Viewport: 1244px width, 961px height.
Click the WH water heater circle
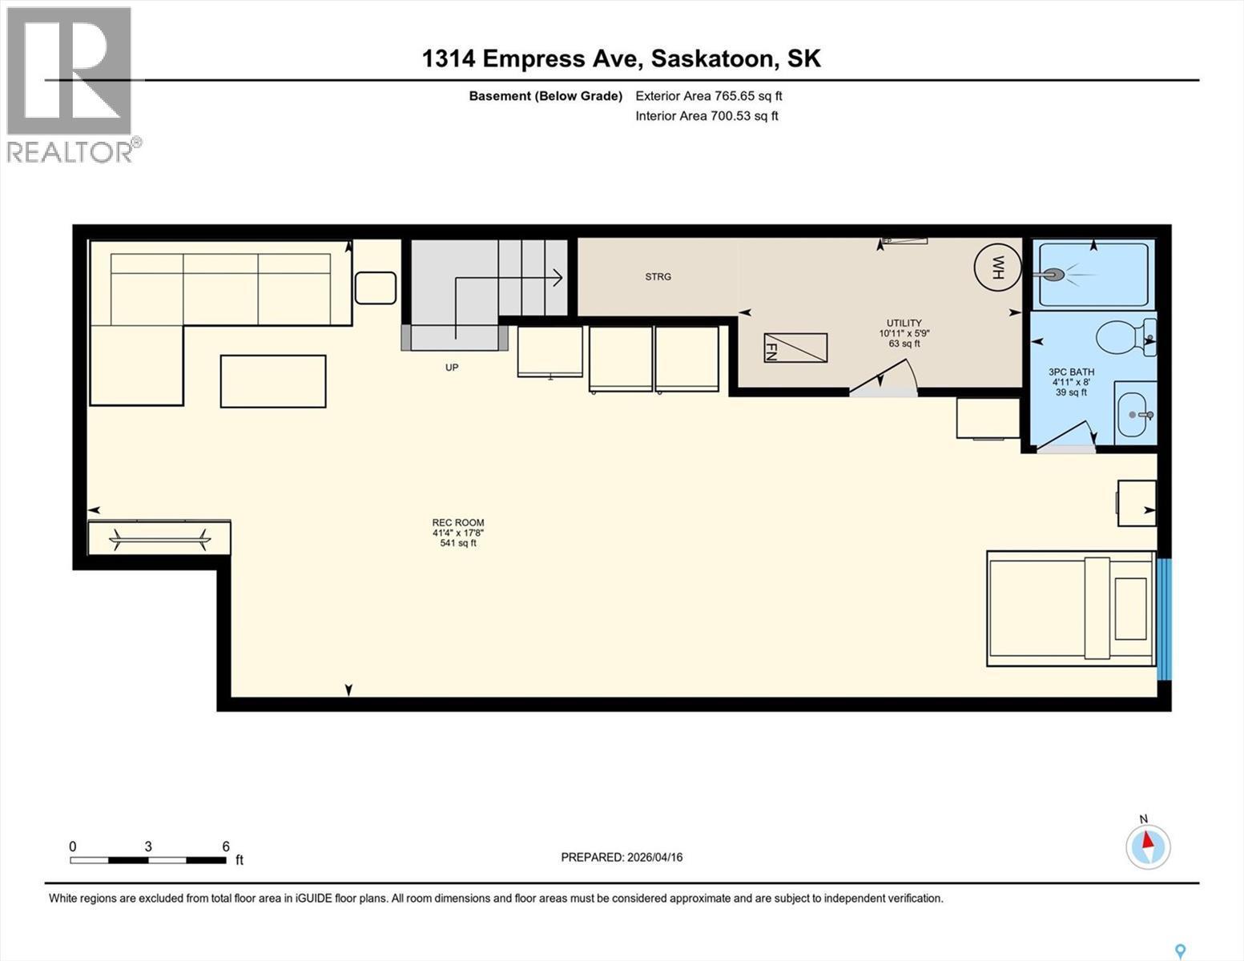(x=997, y=267)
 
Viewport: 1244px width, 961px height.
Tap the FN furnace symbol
(x=795, y=348)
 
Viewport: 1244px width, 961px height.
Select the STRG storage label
(x=658, y=277)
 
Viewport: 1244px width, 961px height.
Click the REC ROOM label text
(x=458, y=523)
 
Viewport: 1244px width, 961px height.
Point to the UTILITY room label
(x=904, y=324)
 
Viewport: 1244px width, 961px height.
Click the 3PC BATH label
(x=1071, y=372)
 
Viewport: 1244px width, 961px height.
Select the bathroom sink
(x=1135, y=414)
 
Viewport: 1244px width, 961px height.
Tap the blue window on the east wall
(x=1164, y=618)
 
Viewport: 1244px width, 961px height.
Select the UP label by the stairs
(x=452, y=368)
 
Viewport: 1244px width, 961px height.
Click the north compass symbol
(x=1148, y=846)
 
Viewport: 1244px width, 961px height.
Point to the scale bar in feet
(x=148, y=860)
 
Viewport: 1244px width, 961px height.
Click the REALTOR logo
(x=70, y=84)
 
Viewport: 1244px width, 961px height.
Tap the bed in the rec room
(x=1069, y=609)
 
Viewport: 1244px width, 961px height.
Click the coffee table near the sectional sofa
(x=272, y=381)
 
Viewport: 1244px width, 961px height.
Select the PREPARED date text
(x=622, y=857)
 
